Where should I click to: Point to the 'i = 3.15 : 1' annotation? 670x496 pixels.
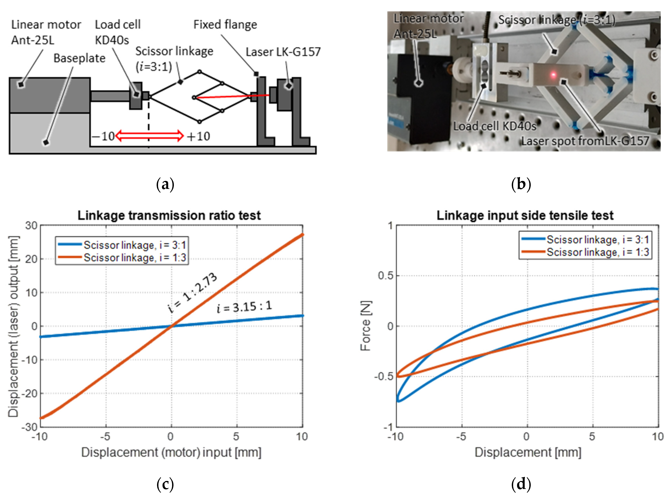pyautogui.click(x=244, y=307)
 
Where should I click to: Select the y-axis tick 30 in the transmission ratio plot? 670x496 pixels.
pyautogui.click(x=31, y=225)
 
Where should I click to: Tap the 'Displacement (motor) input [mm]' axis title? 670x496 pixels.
pyautogui.click(x=171, y=452)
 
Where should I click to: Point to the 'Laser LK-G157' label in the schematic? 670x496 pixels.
pyautogui.click(x=283, y=52)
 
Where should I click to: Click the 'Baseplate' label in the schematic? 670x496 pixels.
pyautogui.click(x=79, y=58)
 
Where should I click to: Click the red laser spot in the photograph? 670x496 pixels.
pyautogui.click(x=553, y=74)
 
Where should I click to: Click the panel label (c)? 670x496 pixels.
pyautogui.click(x=165, y=484)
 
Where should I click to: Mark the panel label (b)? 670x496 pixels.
pyautogui.click(x=521, y=184)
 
